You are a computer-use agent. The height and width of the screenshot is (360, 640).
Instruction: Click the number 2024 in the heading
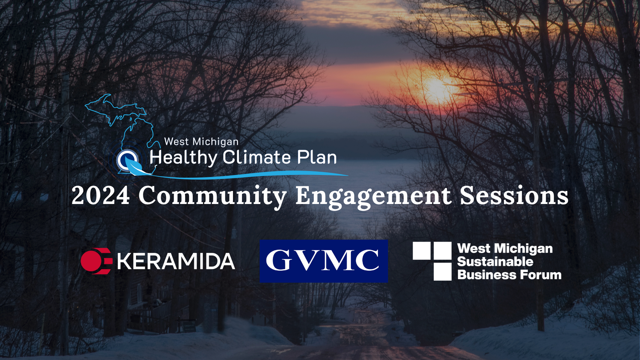point(100,196)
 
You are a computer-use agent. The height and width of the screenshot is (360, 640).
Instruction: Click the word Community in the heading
point(212,196)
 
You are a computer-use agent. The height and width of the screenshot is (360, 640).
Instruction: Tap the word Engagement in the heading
point(373,196)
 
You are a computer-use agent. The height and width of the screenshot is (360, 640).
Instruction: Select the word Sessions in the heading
point(514,196)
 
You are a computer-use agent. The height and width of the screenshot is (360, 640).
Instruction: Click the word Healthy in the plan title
point(183,158)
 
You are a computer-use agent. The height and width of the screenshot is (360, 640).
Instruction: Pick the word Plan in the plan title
point(317,157)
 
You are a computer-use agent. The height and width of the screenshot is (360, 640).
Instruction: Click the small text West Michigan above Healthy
point(201,142)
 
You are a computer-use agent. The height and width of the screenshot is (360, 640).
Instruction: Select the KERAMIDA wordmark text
point(176,261)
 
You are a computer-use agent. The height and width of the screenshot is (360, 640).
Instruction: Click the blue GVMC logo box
point(324,261)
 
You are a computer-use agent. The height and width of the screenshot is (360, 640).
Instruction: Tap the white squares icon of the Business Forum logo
point(432,261)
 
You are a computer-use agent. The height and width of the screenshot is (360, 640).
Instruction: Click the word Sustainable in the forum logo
point(495,262)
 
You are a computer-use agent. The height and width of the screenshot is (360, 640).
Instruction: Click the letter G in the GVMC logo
point(279,260)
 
